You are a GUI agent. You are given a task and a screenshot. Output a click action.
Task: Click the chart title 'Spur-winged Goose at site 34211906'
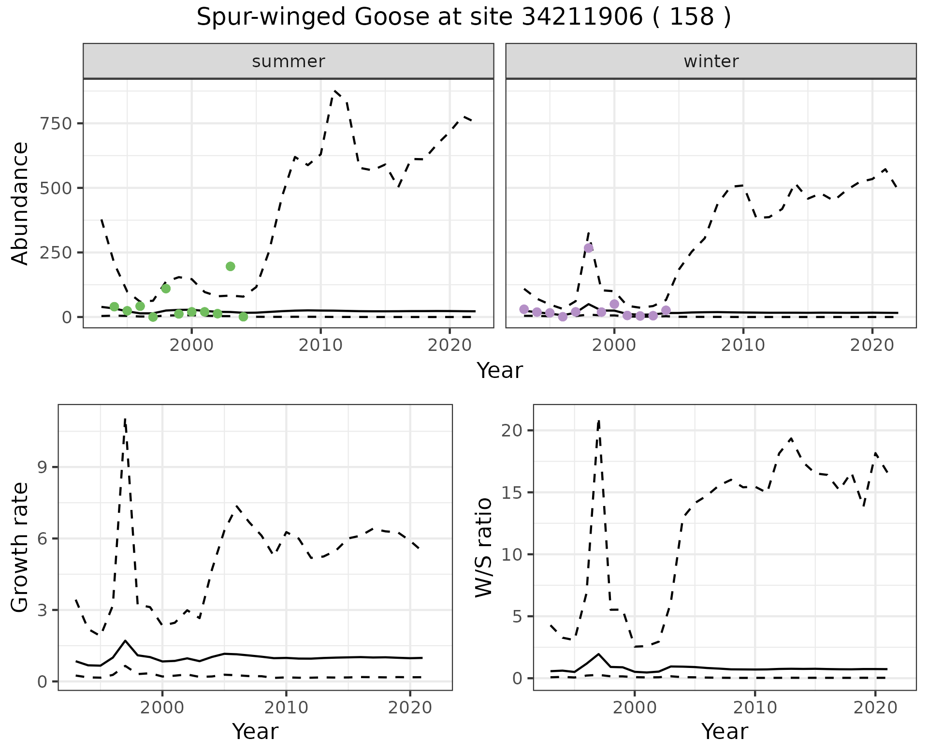463,17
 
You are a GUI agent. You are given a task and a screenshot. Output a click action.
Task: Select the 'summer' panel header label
288,61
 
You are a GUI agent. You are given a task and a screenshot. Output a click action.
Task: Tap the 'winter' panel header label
711,61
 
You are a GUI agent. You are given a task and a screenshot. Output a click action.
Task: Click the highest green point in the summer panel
230,266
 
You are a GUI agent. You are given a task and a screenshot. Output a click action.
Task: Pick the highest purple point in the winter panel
588,248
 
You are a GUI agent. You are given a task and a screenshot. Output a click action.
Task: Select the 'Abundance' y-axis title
20,203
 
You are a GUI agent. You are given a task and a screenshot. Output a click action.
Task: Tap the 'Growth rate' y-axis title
20,547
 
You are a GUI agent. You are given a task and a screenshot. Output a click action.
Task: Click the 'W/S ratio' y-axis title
483,547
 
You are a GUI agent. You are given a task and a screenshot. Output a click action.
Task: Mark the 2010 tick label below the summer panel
320,346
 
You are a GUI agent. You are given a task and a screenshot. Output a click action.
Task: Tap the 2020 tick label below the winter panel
872,346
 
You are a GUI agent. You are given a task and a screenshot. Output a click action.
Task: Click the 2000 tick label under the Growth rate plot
162,708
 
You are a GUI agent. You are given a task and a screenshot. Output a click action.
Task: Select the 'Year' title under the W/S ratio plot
725,731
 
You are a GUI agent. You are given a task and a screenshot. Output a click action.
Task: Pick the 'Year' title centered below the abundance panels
500,371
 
